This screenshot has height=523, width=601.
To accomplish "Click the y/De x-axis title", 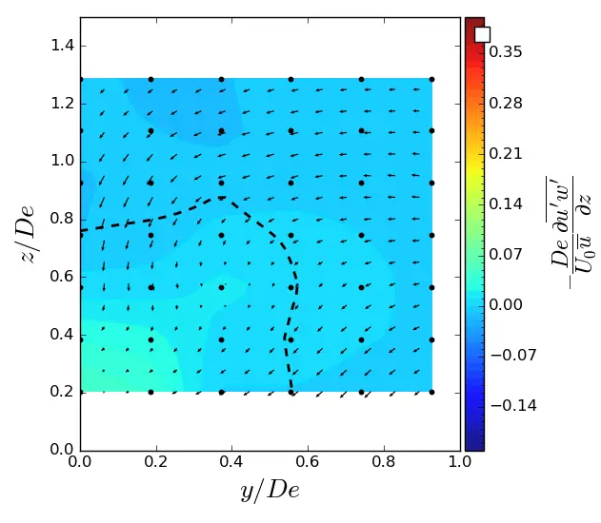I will point(270,491).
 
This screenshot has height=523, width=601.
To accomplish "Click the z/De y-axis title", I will point(26,234).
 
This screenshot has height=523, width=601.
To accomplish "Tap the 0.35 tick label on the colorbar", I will point(506,52).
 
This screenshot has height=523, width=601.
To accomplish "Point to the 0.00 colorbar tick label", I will point(506,304).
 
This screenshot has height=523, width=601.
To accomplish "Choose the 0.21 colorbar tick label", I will point(506,153).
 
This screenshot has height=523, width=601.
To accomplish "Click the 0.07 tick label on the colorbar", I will point(506,254).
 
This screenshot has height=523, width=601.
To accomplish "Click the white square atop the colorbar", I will point(482,34).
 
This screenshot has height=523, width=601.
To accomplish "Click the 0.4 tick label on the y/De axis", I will point(232,463).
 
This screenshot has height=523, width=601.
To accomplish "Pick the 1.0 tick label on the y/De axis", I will point(460,463).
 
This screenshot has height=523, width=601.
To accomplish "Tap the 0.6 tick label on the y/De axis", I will point(308,463).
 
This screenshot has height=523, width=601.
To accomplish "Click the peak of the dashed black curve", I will point(221,197).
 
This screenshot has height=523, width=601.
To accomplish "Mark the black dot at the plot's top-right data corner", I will point(431,80).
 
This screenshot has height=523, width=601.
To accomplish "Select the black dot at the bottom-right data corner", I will point(431,392).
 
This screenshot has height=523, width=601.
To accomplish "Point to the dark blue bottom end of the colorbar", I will point(474,444).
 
